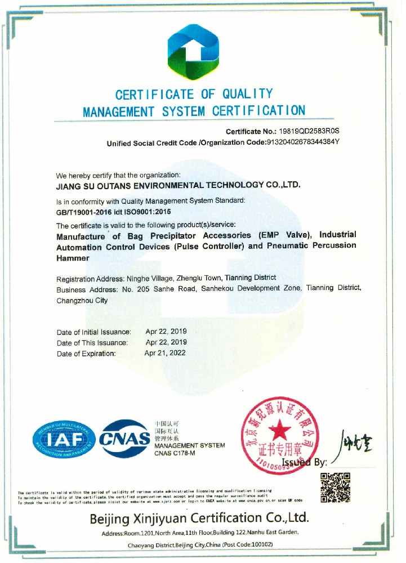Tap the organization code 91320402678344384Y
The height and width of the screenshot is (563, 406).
302,142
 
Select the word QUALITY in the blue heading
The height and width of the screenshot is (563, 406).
247,94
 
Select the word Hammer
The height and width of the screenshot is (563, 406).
73,257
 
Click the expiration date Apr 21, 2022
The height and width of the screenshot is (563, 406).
165,354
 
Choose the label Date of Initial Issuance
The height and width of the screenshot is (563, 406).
94,332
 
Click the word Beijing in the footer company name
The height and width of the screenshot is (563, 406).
111,518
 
